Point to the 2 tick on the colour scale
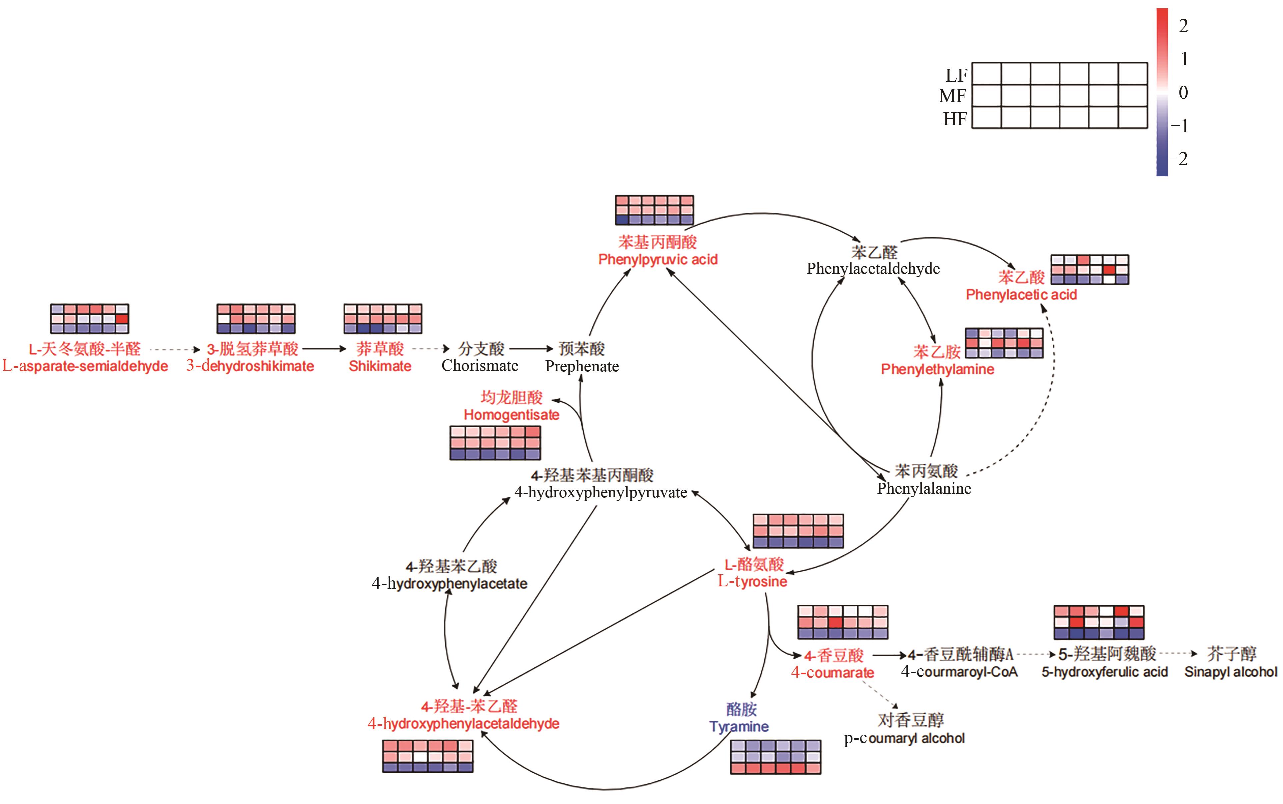[1183, 26]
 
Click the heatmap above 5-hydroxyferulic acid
[1099, 622]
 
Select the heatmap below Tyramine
[775, 757]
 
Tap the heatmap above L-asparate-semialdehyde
[89, 319]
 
